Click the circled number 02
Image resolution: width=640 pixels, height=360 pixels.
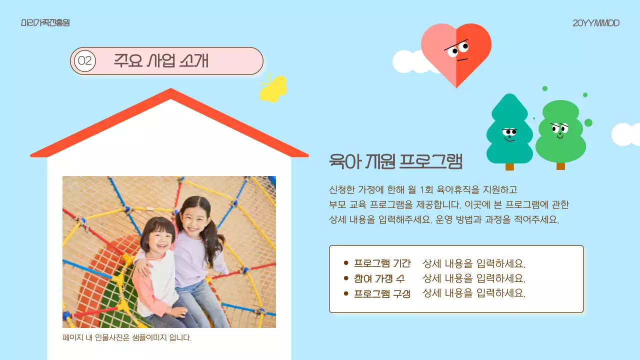click(x=85, y=61)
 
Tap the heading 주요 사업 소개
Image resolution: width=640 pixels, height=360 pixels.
click(x=161, y=60)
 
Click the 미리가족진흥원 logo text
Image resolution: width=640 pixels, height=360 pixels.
click(x=45, y=23)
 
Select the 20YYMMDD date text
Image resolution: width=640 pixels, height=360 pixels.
click(x=596, y=23)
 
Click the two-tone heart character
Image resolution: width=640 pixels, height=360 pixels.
click(x=456, y=52)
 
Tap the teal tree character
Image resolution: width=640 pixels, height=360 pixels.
click(x=509, y=131)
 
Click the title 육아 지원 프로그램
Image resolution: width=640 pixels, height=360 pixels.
click(x=395, y=161)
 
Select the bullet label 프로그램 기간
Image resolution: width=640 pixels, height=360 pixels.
click(x=382, y=263)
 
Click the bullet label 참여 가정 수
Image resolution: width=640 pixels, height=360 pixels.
click(x=379, y=278)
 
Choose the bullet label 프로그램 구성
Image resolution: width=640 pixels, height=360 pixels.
click(x=382, y=293)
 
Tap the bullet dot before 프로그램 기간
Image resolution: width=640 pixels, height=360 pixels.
click(x=346, y=263)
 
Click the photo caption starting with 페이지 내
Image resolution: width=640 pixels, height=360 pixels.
click(x=127, y=338)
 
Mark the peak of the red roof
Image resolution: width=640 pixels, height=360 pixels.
click(x=171, y=91)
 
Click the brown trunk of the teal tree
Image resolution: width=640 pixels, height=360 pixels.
click(x=509, y=166)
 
